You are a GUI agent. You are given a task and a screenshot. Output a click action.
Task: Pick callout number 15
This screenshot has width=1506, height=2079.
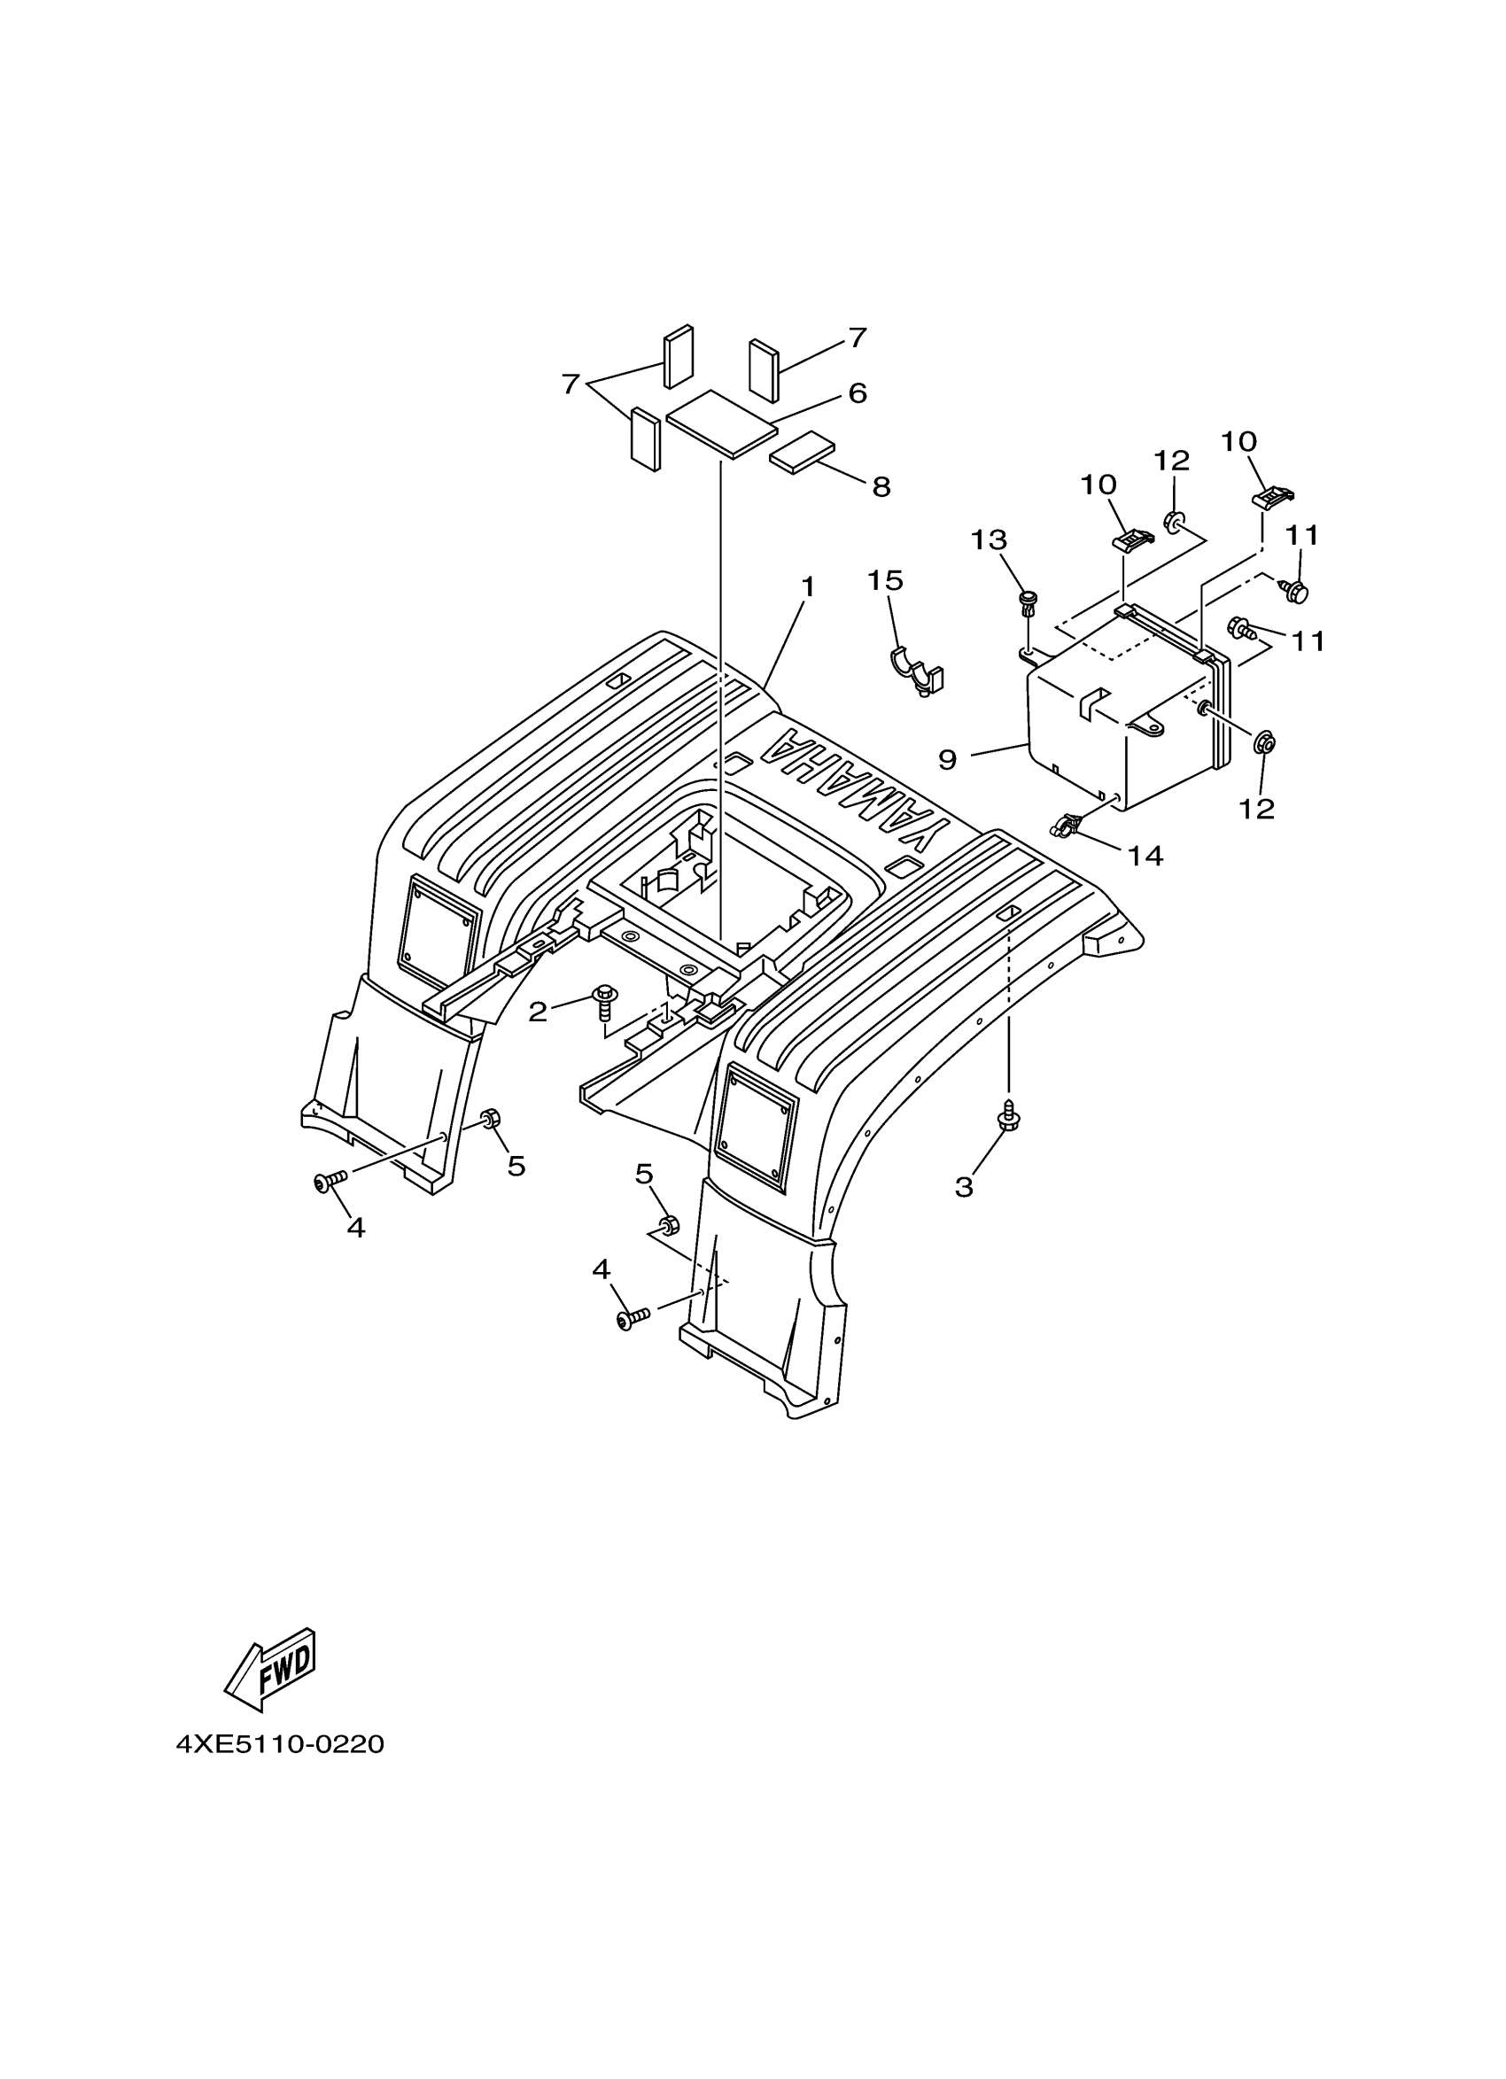[886, 580]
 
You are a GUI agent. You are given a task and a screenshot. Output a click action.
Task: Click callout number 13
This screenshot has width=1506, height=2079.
[989, 540]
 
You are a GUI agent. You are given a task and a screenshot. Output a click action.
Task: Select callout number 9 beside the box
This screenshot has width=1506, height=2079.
[947, 759]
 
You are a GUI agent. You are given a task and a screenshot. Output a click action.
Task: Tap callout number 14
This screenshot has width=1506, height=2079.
[1145, 857]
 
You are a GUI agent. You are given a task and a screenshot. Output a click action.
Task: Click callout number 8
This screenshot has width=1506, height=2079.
[881, 486]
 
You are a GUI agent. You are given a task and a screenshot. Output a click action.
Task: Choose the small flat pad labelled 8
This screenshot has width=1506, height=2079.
[802, 452]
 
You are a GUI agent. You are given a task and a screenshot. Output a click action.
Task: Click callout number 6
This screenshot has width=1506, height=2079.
[857, 393]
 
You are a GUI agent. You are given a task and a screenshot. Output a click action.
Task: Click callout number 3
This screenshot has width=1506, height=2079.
[963, 1187]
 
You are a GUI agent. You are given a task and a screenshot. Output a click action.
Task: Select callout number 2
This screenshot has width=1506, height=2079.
[537, 1012]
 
